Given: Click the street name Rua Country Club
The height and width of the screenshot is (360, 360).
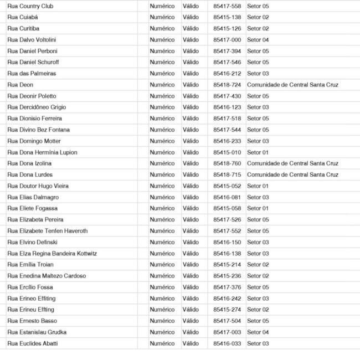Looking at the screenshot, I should point(30,6).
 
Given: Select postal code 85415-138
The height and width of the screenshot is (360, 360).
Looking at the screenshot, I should point(227,17).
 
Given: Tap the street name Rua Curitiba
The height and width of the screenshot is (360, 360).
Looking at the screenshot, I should point(23,28).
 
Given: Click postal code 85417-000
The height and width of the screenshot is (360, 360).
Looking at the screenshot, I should point(227,40).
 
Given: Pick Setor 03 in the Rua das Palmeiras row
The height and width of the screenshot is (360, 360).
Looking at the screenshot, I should point(258,74).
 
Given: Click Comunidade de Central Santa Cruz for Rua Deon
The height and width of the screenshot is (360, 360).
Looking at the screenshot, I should point(292,85).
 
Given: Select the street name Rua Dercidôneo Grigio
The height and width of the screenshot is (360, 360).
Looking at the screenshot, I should point(37,107).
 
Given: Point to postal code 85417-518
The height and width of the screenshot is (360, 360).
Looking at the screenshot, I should point(227,119).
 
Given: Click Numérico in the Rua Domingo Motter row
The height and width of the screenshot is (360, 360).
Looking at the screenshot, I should point(162,141).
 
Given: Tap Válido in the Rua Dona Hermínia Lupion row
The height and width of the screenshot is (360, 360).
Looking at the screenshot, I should point(191,152).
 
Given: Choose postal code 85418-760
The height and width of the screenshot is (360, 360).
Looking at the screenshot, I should point(227,163).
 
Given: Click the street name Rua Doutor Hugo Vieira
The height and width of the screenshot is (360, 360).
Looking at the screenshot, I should point(38,186).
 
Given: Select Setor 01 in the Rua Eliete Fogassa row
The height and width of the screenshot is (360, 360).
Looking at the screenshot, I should point(258,208).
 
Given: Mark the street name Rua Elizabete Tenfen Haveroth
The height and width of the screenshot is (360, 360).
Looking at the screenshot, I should point(48,231).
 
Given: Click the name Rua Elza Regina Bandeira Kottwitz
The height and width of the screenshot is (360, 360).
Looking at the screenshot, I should point(52,254).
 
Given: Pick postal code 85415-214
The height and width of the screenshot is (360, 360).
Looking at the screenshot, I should point(227,265).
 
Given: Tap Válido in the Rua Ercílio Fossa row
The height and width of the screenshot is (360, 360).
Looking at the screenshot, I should point(191,287).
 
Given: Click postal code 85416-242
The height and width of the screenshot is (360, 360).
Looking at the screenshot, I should point(227,299).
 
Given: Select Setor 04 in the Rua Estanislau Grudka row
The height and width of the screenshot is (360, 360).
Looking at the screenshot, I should point(258,332).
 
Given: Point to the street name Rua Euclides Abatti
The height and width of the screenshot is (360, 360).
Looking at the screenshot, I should point(32,343).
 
